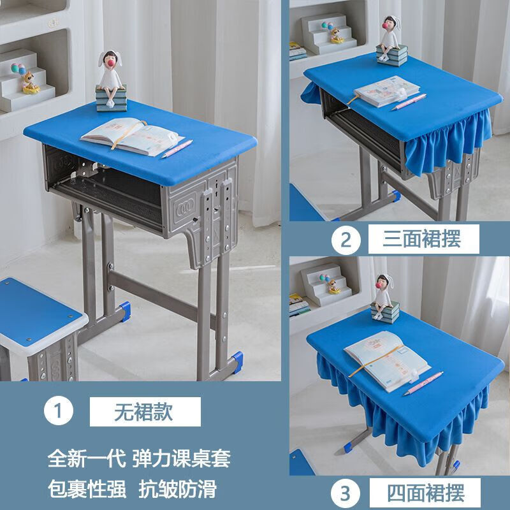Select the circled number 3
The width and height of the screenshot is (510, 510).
pos(346,493)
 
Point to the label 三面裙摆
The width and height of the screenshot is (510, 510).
pos(422,240)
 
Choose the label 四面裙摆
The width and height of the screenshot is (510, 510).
pos(426,493)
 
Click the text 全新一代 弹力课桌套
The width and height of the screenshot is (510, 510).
pos(138,458)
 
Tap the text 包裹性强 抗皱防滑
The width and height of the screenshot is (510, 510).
pos(132,489)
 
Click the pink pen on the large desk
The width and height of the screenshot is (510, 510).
pos(177,149)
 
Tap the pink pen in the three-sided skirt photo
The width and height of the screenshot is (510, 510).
pos(409,101)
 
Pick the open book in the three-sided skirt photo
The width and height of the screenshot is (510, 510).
pos(380,91)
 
